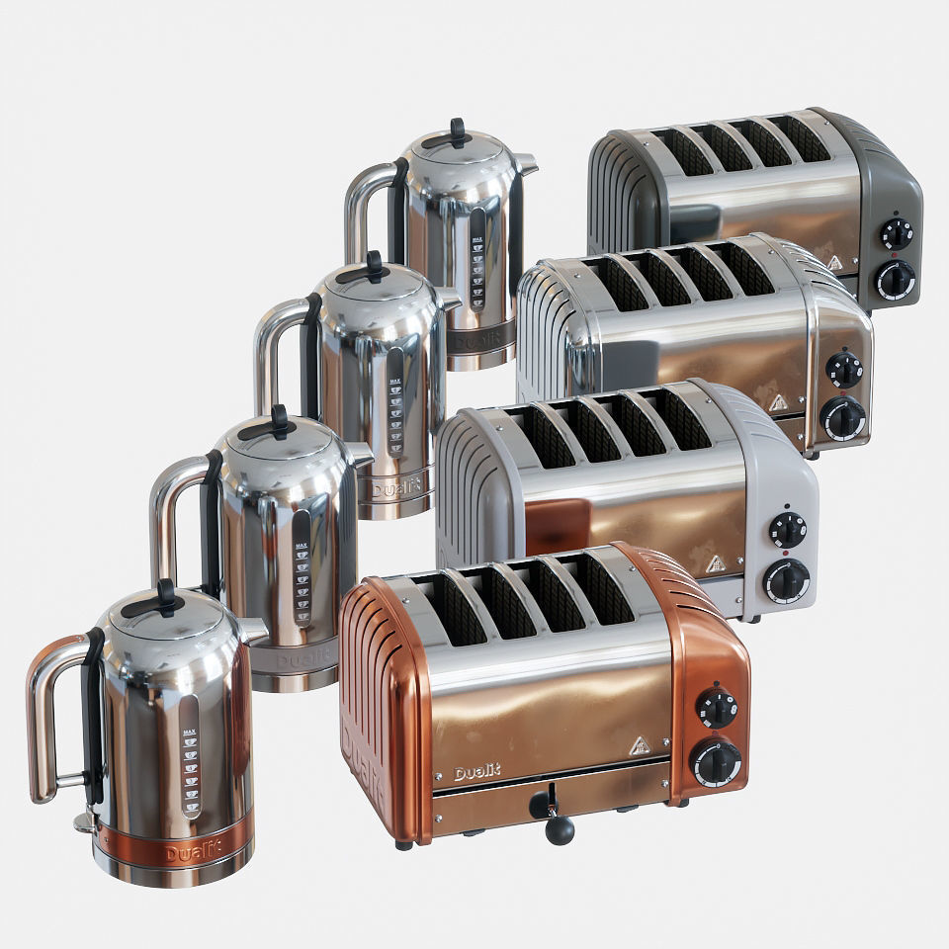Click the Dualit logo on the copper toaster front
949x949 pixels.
point(477,773)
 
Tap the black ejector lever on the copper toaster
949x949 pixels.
point(558,828)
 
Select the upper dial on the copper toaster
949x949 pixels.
point(716,708)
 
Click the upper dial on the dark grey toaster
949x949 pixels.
point(897,234)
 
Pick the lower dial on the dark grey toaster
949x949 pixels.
point(896,280)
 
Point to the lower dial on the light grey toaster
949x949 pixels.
point(787,580)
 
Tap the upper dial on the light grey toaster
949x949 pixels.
point(788,530)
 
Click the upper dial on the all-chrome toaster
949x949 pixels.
point(844,370)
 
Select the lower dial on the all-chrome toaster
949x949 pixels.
point(842,418)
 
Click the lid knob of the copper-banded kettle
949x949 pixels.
point(166,595)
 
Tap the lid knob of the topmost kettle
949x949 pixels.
point(457,130)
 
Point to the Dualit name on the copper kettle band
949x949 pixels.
point(194,852)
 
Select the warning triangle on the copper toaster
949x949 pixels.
point(641,746)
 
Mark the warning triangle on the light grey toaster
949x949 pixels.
point(714,564)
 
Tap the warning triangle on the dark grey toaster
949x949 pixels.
point(835,263)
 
